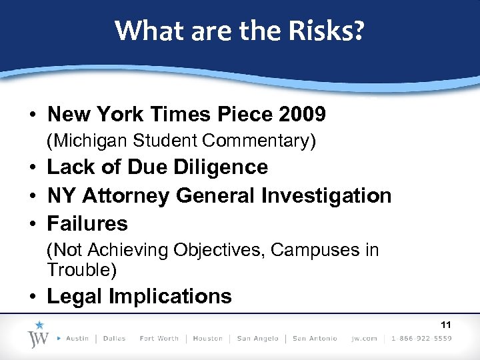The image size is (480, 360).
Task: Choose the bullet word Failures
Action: [x=88, y=223]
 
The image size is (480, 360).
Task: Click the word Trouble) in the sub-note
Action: [x=82, y=269]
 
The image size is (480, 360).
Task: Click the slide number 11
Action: [x=446, y=325]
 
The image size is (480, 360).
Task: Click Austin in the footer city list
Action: [x=77, y=339]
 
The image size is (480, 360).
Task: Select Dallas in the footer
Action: [x=114, y=339]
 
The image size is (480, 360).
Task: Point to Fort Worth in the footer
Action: [x=159, y=339]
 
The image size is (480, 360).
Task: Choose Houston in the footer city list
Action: [x=207, y=339]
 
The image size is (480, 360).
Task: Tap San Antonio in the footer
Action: [x=315, y=339]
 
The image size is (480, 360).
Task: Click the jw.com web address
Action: [x=365, y=339]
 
